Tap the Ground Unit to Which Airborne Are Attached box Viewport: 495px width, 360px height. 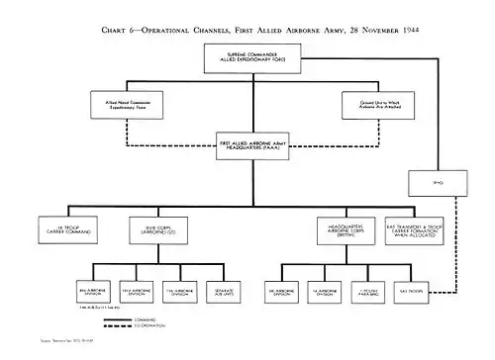point(375,101)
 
